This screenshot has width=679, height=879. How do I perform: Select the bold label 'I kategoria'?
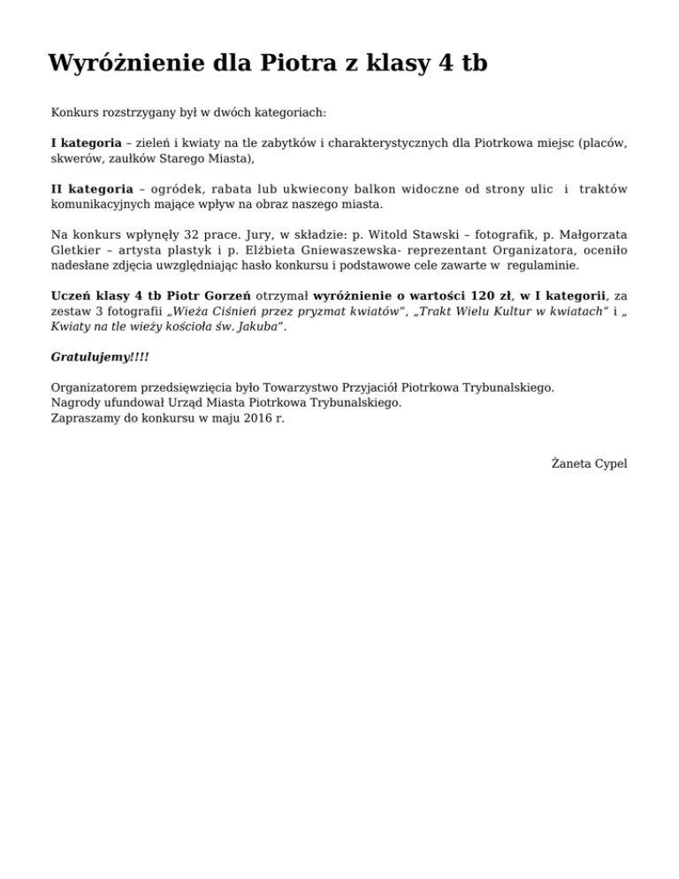coord(86,142)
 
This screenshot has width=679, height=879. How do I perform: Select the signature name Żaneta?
coord(570,463)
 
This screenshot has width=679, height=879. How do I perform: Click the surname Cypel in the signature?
coord(610,463)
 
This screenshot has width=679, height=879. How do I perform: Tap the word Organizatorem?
coord(94,387)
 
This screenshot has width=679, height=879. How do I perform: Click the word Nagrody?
coord(75,402)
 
